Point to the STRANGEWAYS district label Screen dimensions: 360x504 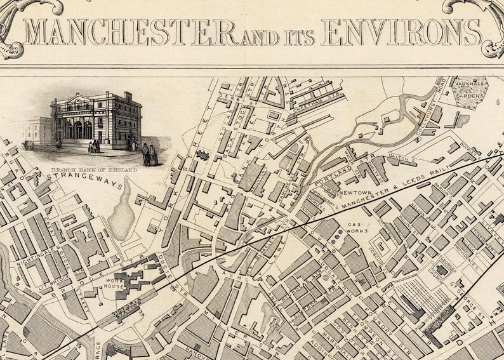(67, 180)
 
